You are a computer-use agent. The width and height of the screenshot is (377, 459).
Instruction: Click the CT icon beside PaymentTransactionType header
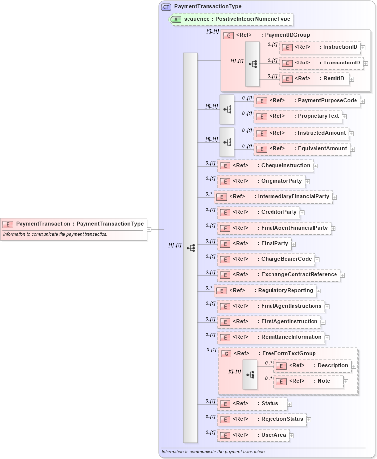click(x=166, y=7)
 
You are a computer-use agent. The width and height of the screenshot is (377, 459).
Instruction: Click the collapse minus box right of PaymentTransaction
click(x=149, y=229)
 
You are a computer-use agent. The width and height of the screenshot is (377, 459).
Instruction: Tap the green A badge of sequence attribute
click(x=176, y=19)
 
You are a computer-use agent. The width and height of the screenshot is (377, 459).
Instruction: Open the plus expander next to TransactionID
click(x=366, y=63)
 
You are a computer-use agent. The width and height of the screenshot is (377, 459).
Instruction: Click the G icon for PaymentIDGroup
click(x=228, y=35)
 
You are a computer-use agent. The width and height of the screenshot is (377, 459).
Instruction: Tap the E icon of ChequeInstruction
click(x=225, y=166)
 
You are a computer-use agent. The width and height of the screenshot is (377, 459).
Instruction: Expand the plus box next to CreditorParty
click(x=302, y=213)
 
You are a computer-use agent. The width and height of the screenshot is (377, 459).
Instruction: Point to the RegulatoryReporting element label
click(x=285, y=290)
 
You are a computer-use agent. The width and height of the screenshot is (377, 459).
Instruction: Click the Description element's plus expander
click(x=354, y=366)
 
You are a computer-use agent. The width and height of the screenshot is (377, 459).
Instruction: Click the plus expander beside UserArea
click(x=292, y=436)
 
